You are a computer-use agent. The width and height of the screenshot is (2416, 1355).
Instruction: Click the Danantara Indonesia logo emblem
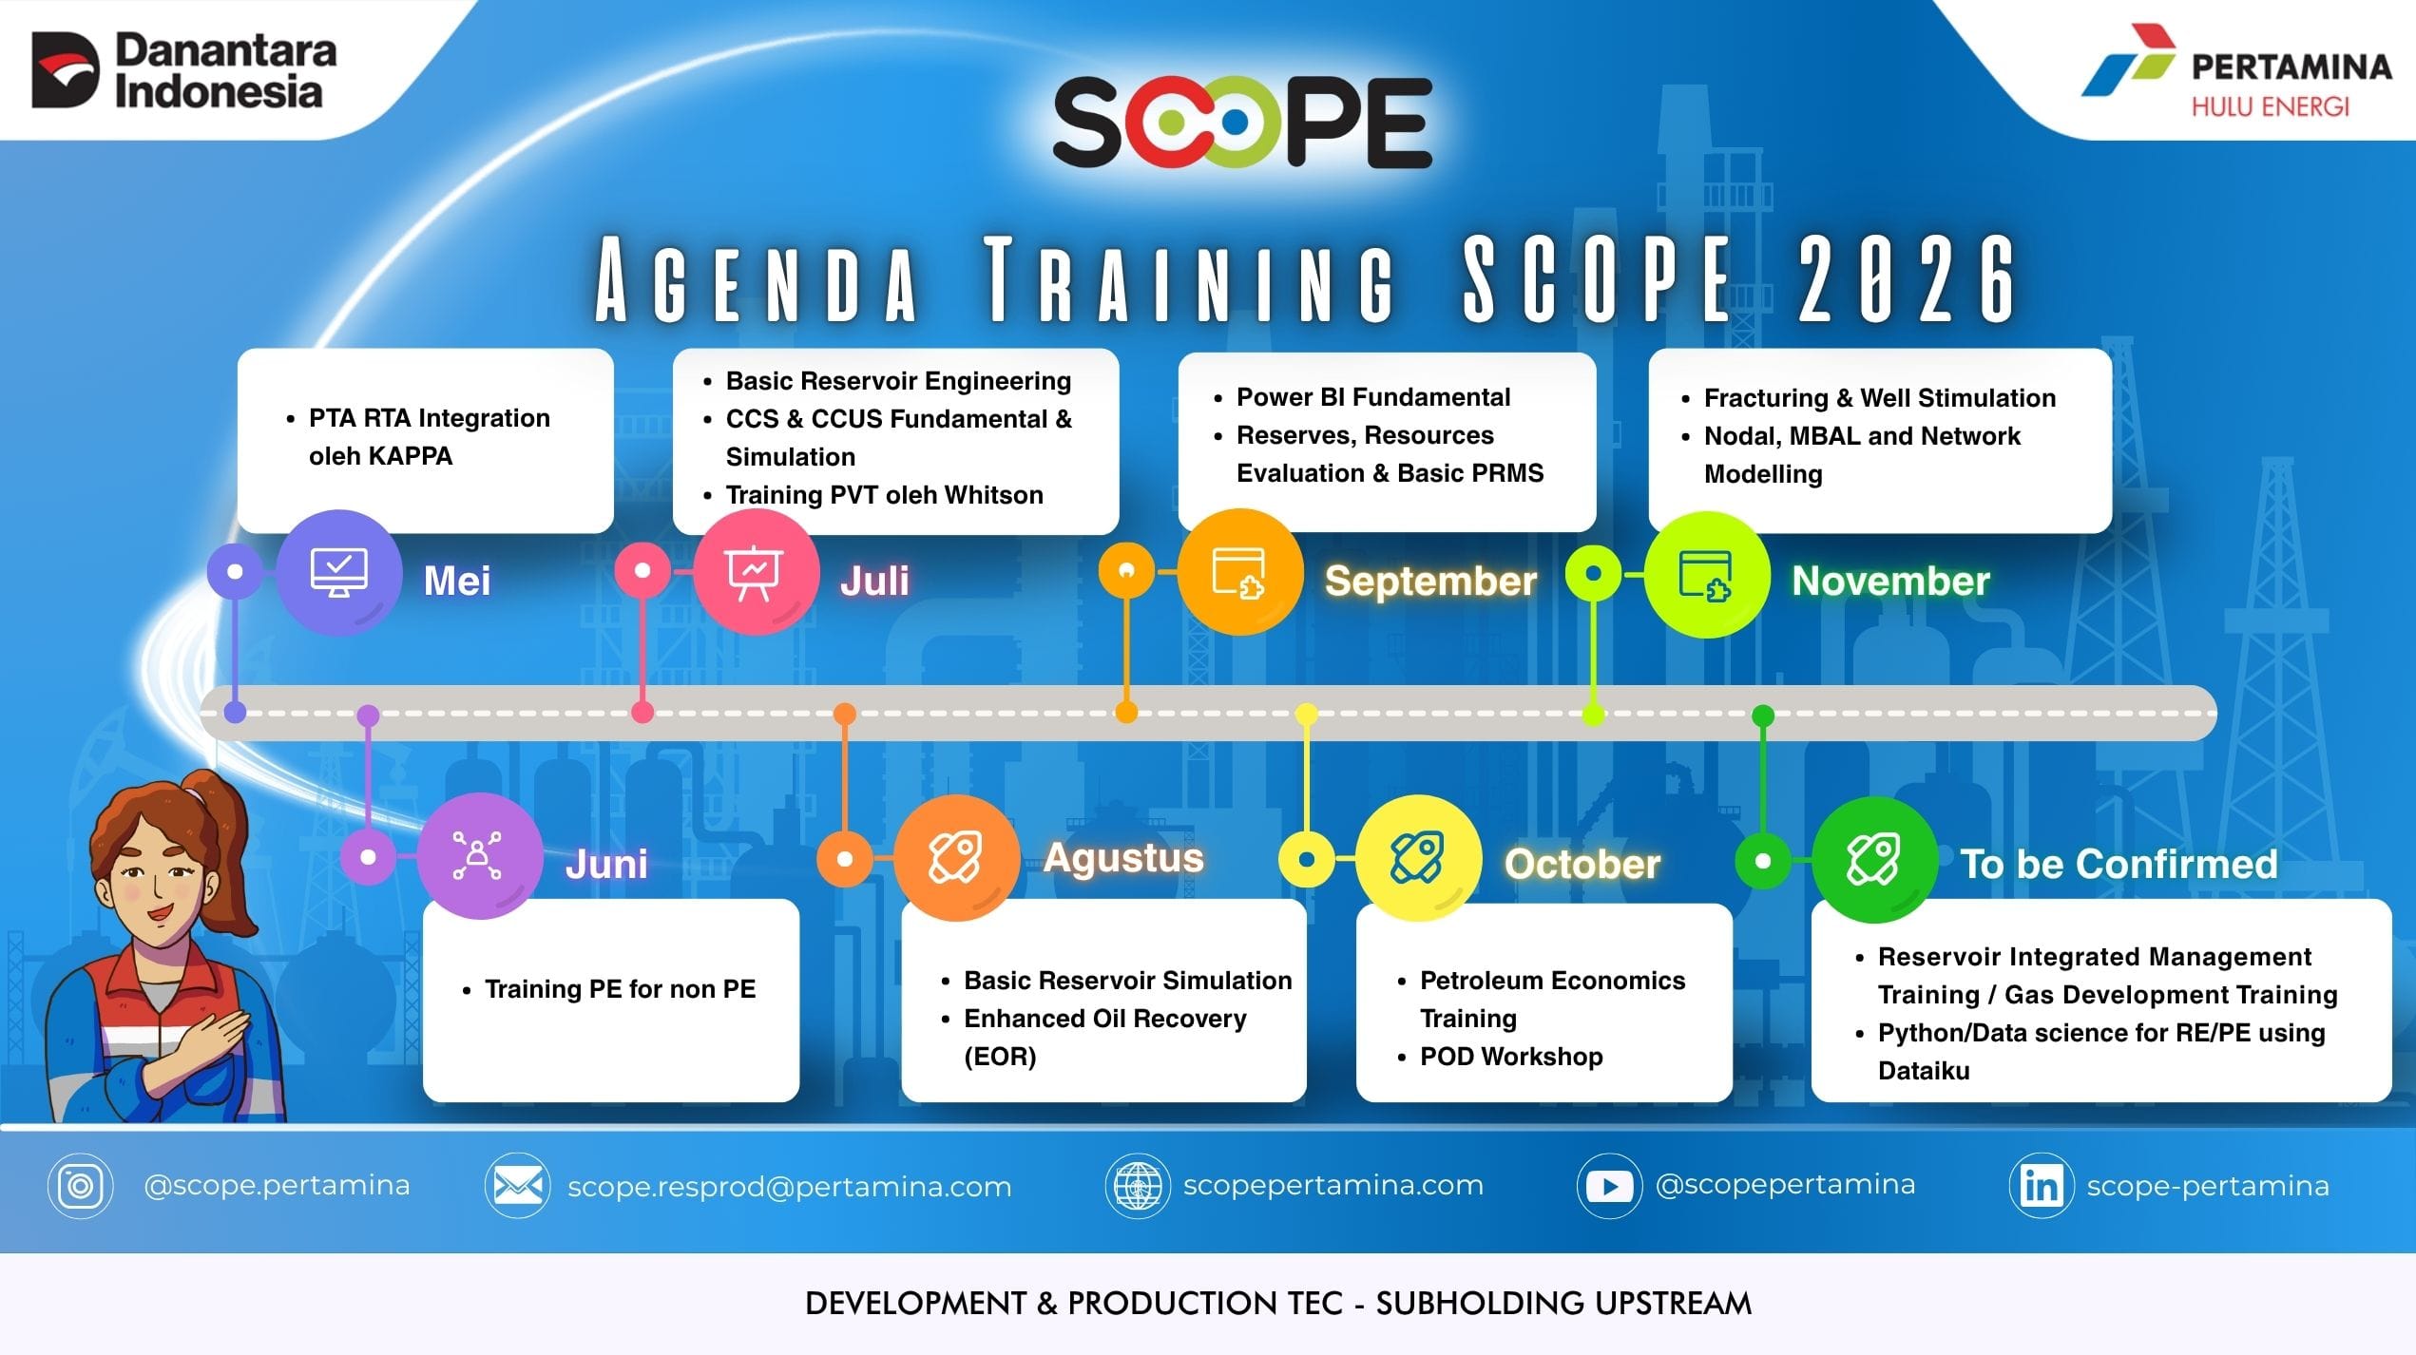point(65,69)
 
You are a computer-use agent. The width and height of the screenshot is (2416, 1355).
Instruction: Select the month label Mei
point(457,581)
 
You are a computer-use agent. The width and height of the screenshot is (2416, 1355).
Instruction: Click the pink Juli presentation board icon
point(756,573)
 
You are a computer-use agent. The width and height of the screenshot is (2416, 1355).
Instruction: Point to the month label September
point(1430,581)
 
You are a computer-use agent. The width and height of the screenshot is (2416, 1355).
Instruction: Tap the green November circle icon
point(1706,575)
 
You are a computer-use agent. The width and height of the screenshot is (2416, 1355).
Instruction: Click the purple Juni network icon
point(479,856)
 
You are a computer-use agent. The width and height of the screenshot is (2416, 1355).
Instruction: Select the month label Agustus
point(1123,858)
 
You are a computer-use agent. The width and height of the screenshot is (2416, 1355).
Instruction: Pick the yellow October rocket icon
point(1418,858)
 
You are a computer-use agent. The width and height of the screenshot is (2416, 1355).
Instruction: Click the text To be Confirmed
point(2119,864)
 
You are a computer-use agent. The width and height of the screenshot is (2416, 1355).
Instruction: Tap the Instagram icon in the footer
point(80,1186)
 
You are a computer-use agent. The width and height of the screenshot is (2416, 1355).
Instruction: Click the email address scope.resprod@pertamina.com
point(789,1187)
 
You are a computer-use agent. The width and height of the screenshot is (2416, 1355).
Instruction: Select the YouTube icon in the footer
point(1609,1186)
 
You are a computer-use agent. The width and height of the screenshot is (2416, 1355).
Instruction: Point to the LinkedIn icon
point(2042,1186)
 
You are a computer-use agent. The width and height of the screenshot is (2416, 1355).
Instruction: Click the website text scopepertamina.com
point(1333,1186)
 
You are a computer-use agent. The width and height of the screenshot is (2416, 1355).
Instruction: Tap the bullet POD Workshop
point(1511,1057)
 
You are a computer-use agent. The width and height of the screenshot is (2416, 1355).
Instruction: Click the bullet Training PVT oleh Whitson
point(884,495)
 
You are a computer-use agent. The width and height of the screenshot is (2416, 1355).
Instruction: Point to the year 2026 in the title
point(1906,279)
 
